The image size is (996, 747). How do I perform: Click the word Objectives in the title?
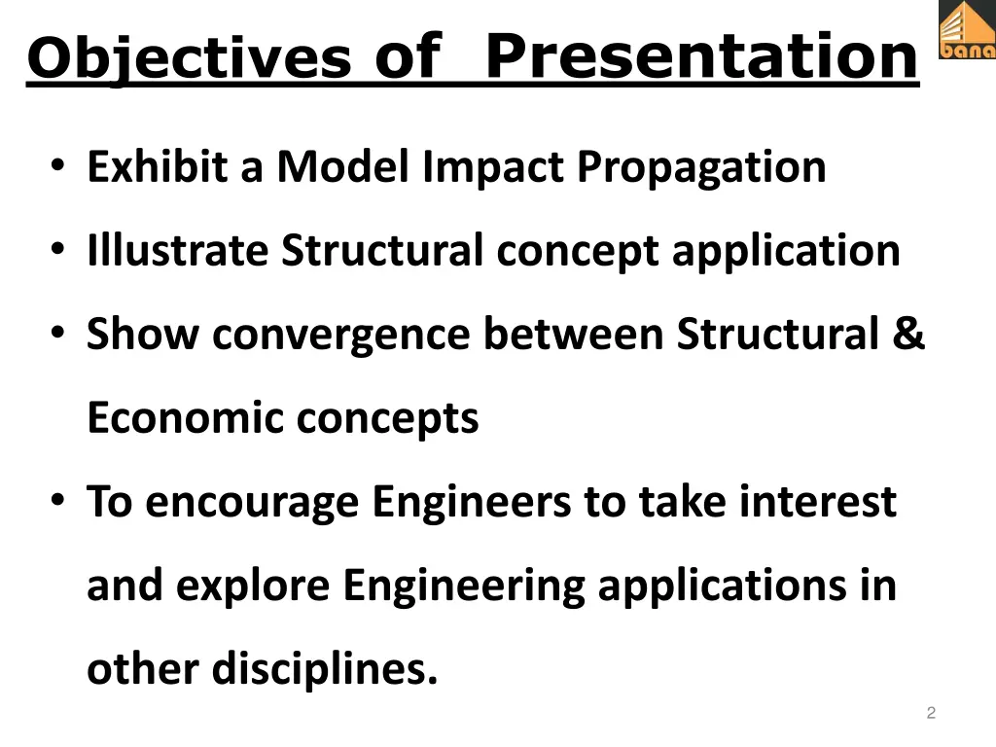[x=189, y=58]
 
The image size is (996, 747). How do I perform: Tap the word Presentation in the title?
[x=700, y=55]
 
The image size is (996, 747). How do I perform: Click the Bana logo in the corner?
[x=966, y=30]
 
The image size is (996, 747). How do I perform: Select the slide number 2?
[x=931, y=714]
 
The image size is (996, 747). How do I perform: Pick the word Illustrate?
[x=178, y=251]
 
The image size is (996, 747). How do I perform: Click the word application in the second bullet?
[x=786, y=252]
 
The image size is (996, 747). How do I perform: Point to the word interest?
[x=818, y=502]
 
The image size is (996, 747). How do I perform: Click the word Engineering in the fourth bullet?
[x=463, y=587]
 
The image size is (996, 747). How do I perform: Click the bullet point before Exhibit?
[x=59, y=166]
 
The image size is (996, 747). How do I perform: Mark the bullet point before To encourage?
[x=59, y=502]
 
